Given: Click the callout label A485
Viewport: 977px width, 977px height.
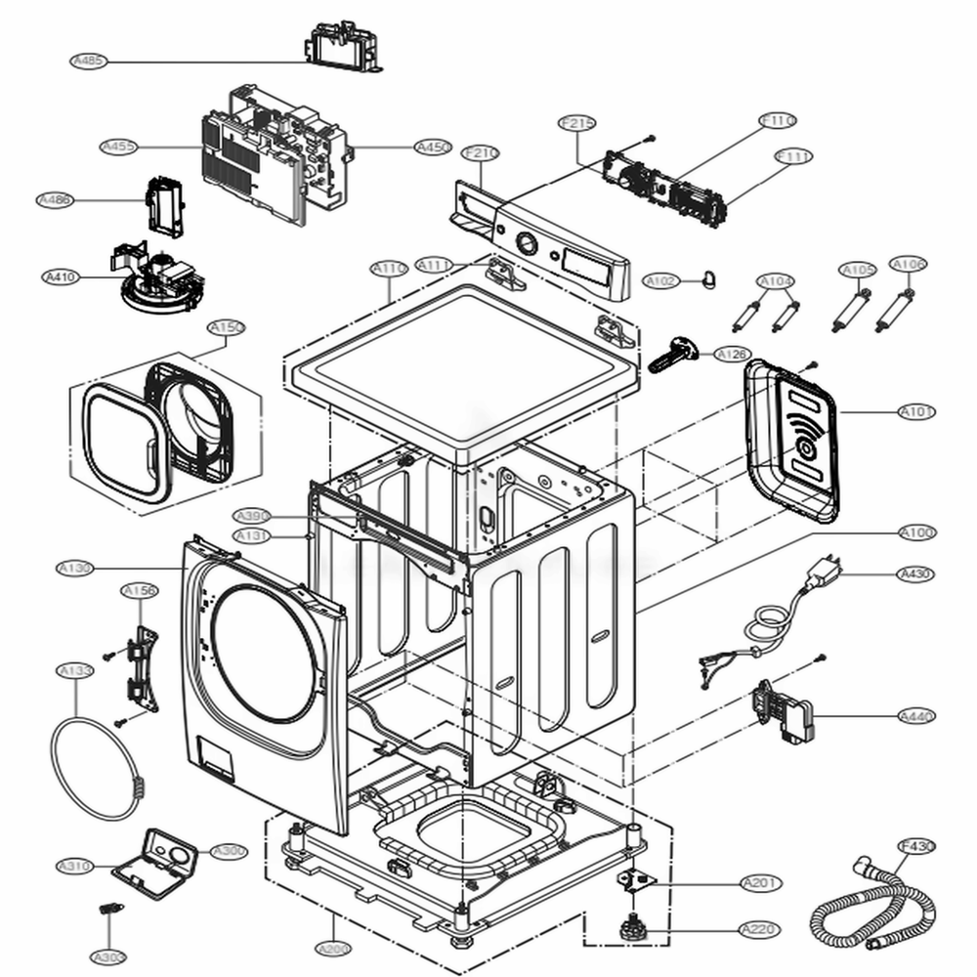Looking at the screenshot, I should (89, 61).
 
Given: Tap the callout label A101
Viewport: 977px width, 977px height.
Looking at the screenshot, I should (916, 412).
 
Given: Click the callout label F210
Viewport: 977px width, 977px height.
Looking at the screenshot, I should (481, 153).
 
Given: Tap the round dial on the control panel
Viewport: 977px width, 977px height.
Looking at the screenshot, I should (525, 242).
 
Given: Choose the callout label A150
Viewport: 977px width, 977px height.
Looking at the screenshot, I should (226, 327).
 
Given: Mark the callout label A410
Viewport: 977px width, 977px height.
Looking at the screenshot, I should (61, 277).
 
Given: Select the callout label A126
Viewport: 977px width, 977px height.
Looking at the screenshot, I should (732, 354).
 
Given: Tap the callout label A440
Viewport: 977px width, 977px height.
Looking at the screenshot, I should (916, 716).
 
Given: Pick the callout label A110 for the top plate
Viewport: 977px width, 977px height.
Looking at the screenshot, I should (389, 267).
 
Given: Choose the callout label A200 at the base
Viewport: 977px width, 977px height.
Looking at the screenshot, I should (332, 948).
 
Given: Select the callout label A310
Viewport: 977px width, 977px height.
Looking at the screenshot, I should (74, 866).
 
